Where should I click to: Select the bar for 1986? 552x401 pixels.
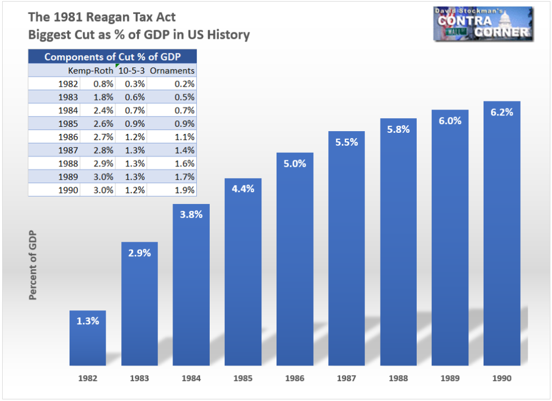[294, 259]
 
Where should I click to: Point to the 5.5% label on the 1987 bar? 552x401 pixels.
[346, 142]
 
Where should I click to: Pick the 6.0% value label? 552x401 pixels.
[450, 121]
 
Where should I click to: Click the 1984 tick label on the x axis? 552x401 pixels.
[191, 378]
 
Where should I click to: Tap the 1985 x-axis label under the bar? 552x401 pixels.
[243, 378]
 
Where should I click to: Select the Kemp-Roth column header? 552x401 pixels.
[91, 71]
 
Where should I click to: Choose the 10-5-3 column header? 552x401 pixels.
[131, 71]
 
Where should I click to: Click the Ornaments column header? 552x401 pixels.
[172, 71]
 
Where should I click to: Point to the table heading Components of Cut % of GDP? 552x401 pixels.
[112, 57]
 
